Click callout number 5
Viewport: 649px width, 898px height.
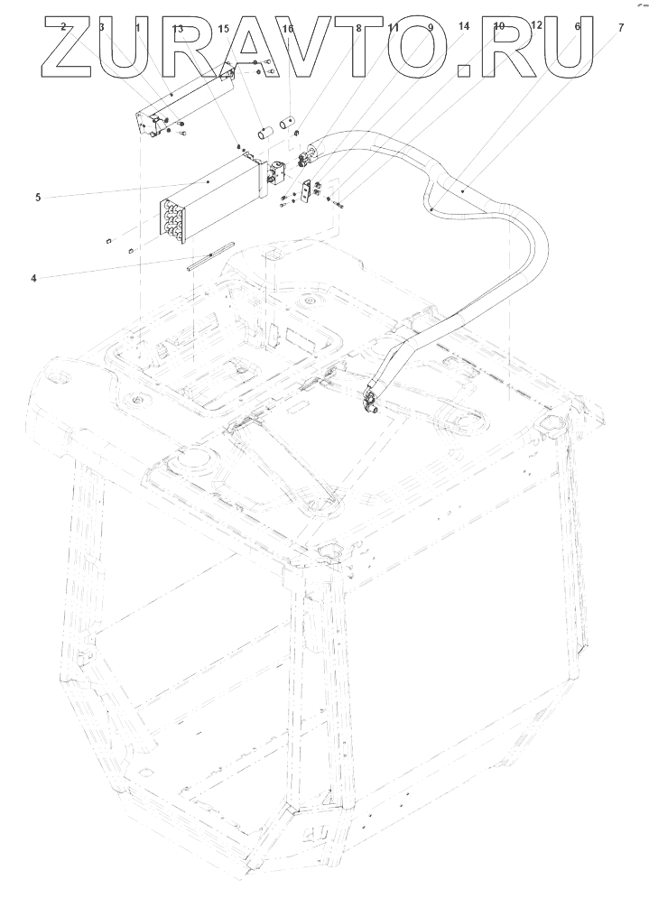coord(38,197)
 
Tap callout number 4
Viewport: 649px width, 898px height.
coord(33,278)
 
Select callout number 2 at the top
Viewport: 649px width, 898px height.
coord(63,27)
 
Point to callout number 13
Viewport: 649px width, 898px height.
coord(177,29)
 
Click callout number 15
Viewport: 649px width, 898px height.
coord(224,29)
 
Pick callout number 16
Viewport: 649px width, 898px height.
coord(288,29)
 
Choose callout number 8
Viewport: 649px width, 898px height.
coord(358,28)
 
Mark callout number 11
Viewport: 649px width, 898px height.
coord(394,28)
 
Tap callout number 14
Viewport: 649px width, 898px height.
coord(464,27)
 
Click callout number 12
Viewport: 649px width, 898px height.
coord(536,25)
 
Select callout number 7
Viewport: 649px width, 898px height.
coord(620,28)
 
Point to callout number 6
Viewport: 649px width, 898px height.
coord(577,28)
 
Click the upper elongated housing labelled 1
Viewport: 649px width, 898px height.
coord(181,104)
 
